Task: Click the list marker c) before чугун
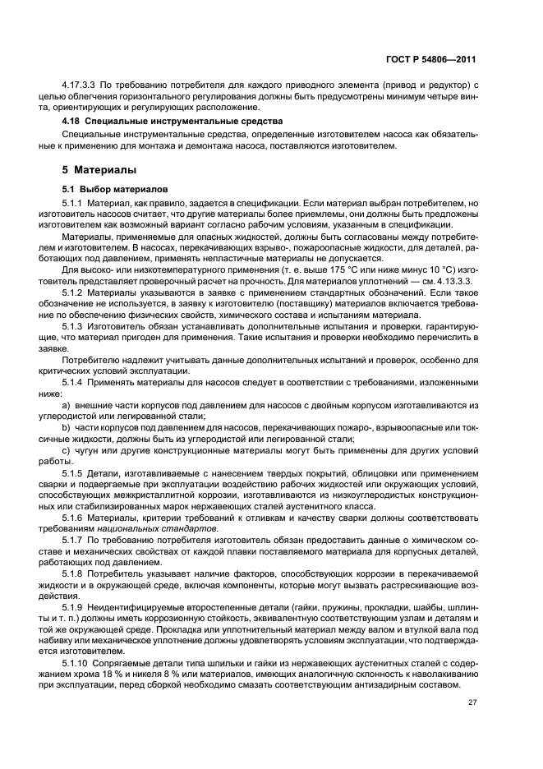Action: click(67, 449)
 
